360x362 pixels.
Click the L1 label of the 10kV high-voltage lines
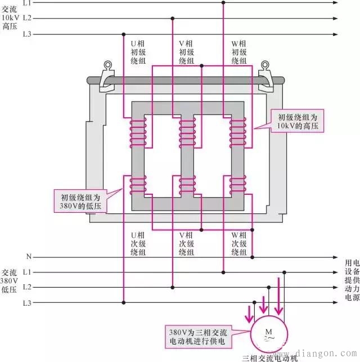click(x=27, y=3)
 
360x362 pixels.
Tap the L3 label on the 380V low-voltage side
click(x=27, y=303)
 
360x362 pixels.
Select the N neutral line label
click(x=28, y=256)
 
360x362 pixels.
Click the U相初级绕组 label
click(x=138, y=52)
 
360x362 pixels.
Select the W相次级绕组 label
click(x=239, y=244)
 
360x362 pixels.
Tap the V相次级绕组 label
click(x=187, y=244)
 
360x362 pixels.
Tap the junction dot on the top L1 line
click(x=223, y=3)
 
